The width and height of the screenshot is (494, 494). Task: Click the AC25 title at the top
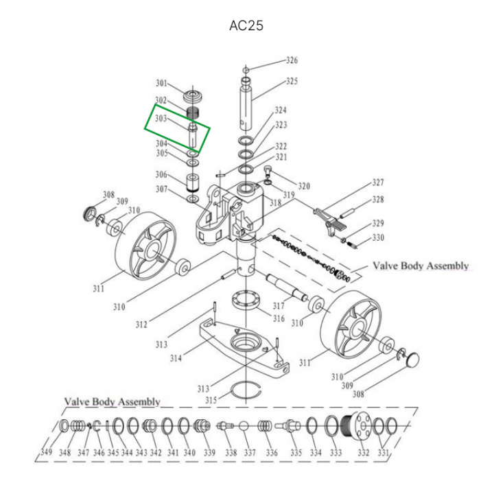(246, 26)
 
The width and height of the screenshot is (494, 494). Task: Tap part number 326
(292, 60)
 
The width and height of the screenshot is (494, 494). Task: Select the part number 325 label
(292, 82)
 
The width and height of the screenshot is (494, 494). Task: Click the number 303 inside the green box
(161, 119)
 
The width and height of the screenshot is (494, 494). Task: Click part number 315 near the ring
(211, 399)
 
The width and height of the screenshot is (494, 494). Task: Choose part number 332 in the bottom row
(364, 452)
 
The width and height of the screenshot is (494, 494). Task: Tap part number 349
(46, 452)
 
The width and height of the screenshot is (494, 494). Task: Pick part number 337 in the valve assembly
(250, 452)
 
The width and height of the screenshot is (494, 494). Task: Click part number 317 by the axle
(278, 305)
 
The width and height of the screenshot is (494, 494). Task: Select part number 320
(303, 186)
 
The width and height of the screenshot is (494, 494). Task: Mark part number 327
(377, 183)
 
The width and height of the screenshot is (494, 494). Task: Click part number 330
(378, 237)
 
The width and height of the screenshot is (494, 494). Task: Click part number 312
(141, 325)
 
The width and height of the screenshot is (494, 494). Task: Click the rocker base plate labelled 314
(240, 346)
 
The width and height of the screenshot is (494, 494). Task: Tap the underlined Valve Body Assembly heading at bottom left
(112, 401)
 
